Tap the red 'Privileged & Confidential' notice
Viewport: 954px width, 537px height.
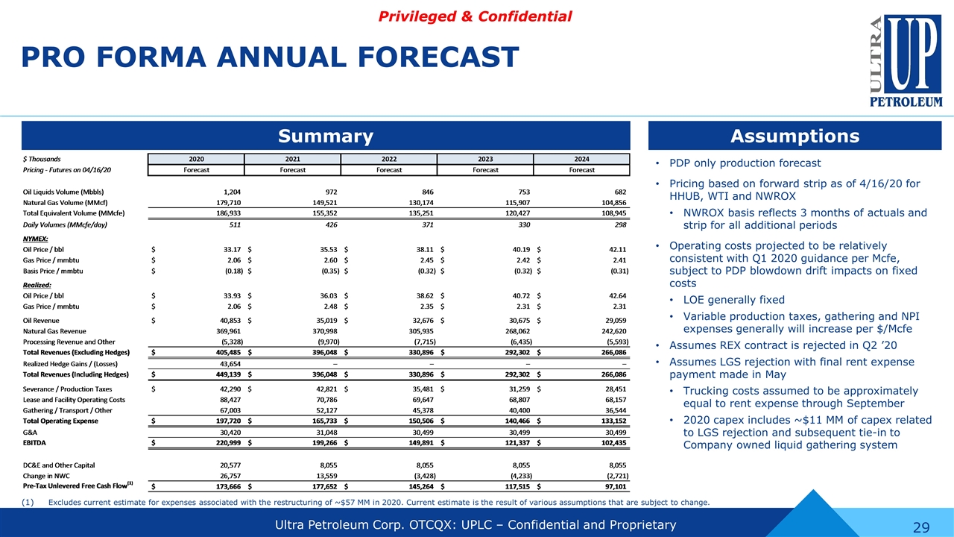[476, 16]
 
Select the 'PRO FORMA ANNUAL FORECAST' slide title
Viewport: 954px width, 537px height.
[269, 57]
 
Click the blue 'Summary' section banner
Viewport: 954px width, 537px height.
[326, 136]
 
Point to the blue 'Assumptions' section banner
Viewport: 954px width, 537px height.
[795, 136]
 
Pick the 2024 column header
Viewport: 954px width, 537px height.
[582, 158]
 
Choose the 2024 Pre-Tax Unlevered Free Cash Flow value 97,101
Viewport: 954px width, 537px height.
[609, 486]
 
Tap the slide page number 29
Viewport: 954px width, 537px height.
[921, 528]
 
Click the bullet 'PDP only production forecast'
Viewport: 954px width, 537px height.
[745, 163]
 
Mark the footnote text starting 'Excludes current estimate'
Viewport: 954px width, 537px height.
[379, 502]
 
